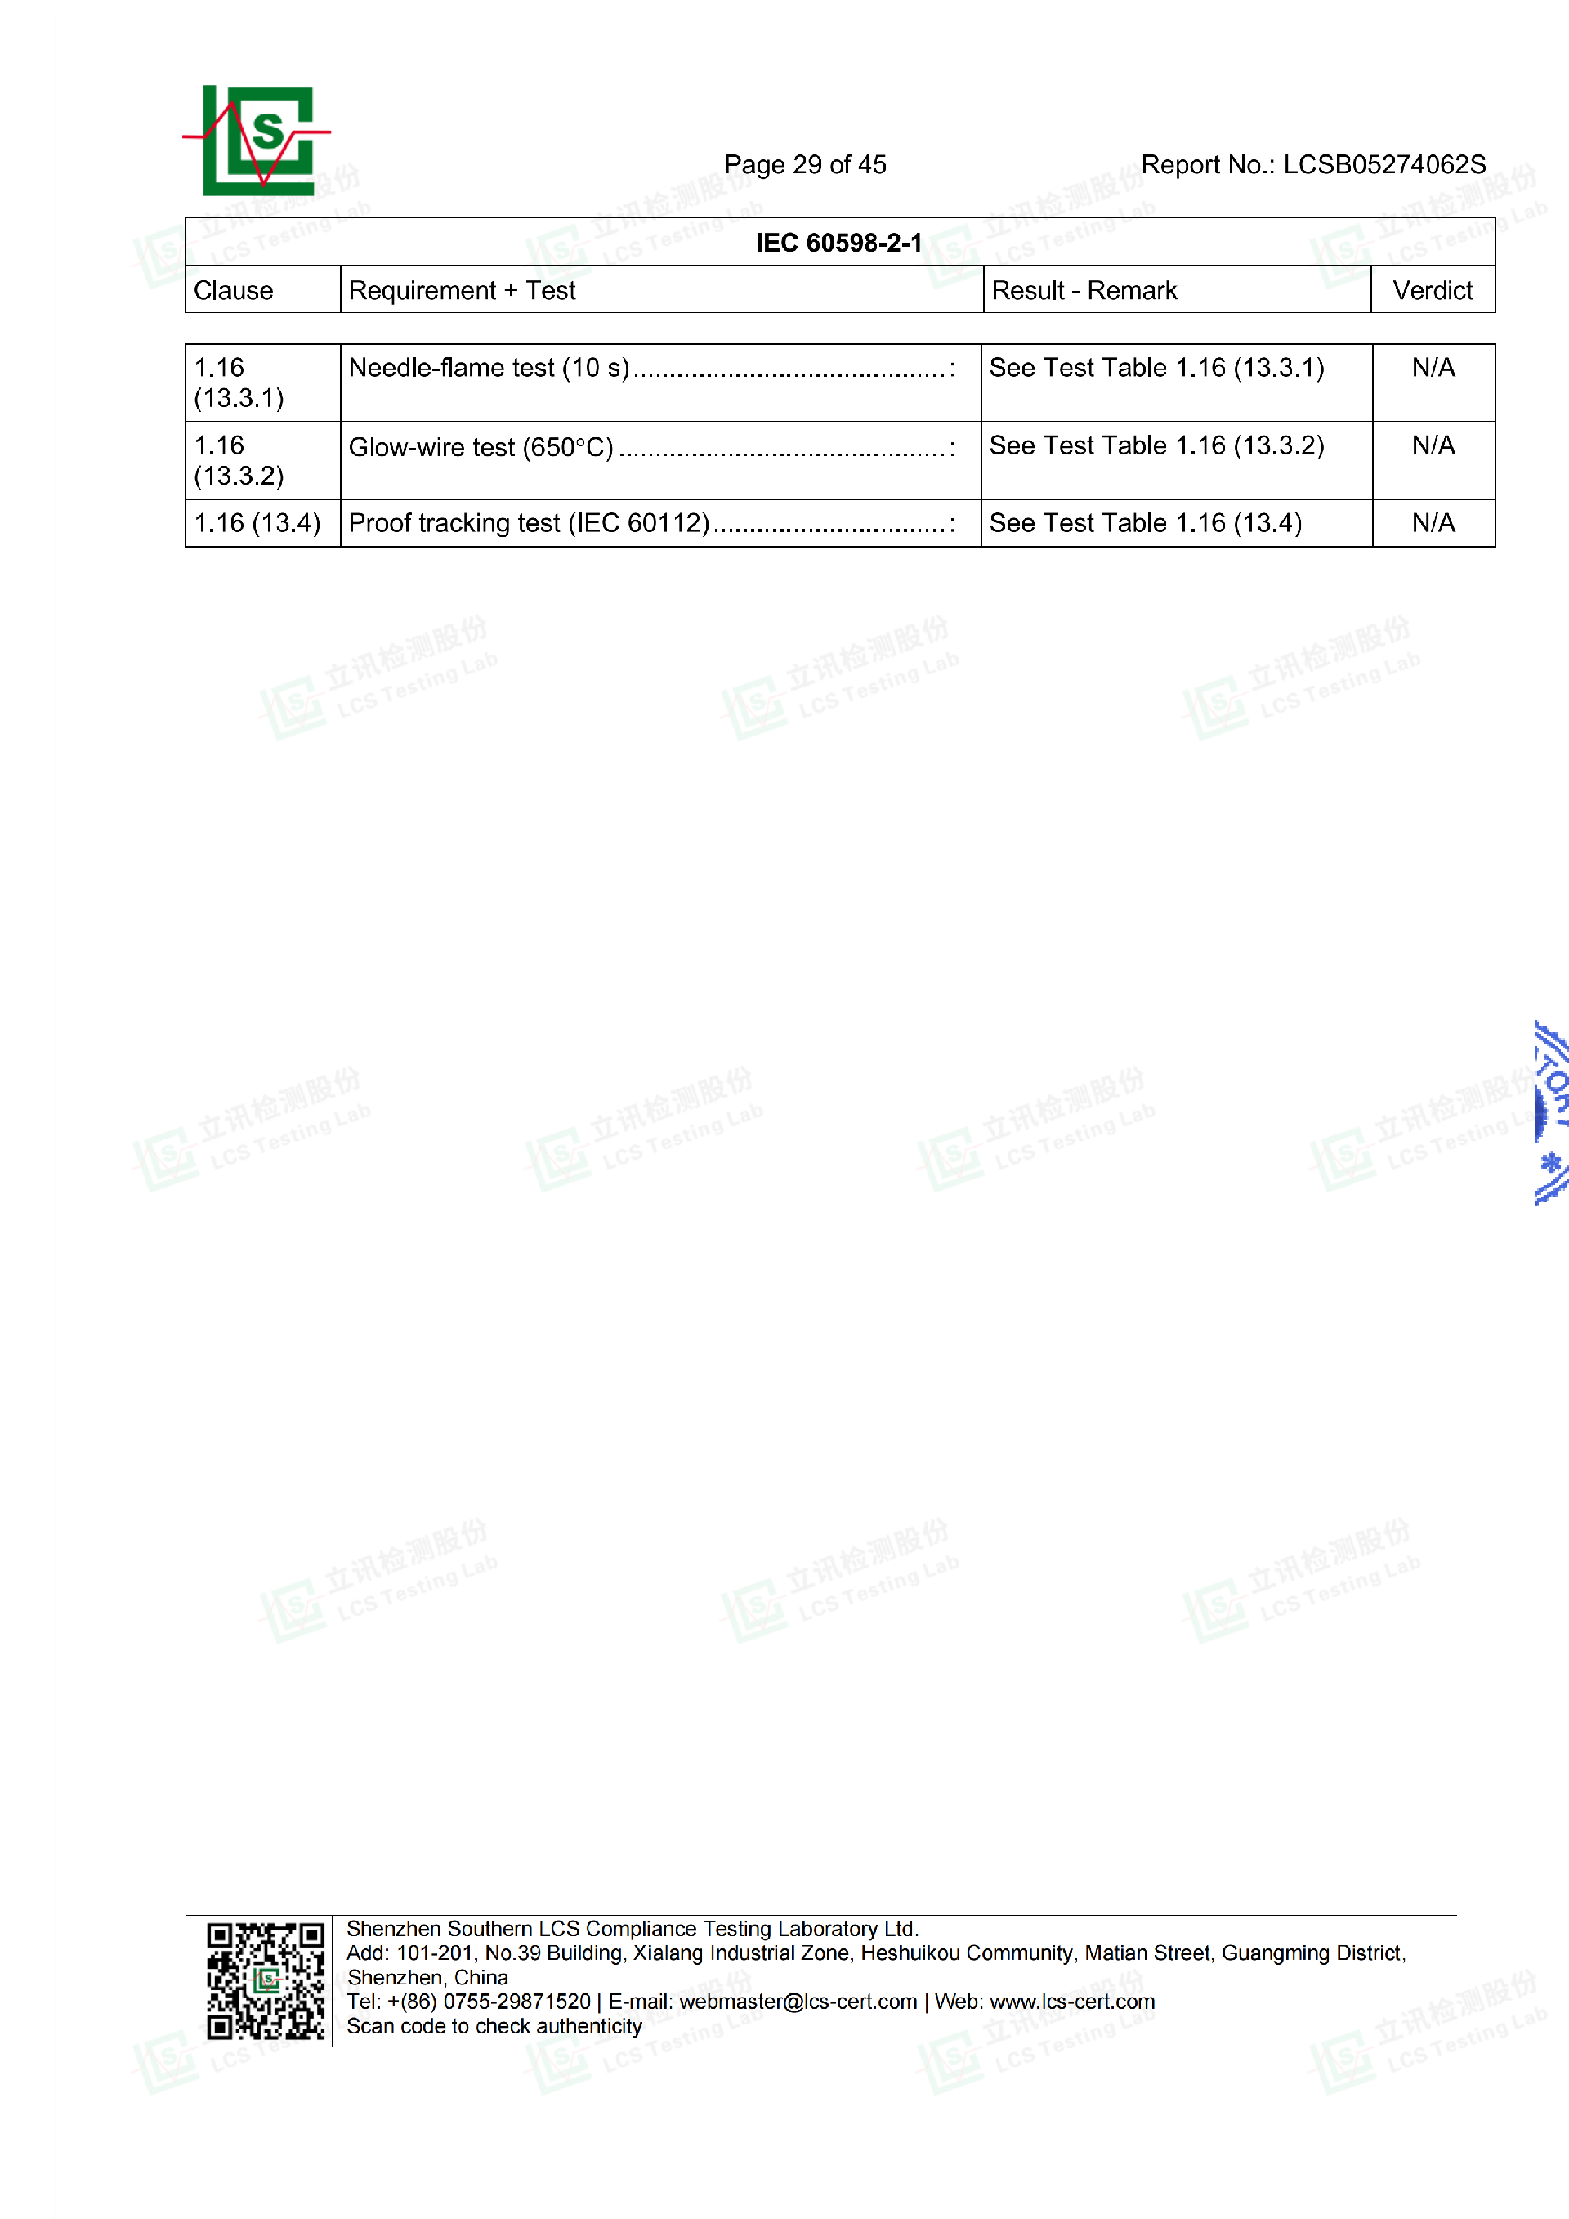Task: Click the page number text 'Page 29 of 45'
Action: [805, 165]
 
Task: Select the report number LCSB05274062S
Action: [1383, 165]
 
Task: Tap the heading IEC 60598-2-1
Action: [838, 243]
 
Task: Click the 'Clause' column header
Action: [234, 291]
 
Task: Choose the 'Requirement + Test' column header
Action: [462, 291]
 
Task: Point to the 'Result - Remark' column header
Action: [1084, 291]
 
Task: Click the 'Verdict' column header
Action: [1432, 291]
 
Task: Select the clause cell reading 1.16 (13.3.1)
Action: [239, 383]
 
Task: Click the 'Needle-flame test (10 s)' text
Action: [489, 369]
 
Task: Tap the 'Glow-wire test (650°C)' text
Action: [481, 447]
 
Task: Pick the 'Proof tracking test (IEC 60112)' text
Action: [529, 524]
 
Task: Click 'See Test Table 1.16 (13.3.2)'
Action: [1156, 445]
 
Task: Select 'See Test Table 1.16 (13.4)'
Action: [1145, 524]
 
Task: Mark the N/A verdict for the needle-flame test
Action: [1433, 369]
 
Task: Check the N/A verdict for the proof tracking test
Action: [1433, 524]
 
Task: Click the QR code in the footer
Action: [266, 1981]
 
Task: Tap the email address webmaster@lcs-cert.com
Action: [798, 2002]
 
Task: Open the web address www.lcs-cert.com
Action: [1071, 2002]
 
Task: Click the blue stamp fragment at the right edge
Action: [1549, 1112]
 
